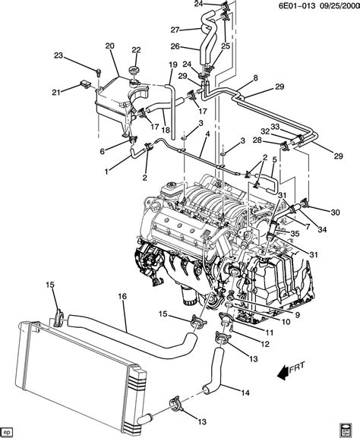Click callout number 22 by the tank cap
(x=136, y=50)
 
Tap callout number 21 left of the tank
(x=76, y=93)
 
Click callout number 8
(x=255, y=79)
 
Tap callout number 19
(x=173, y=65)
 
